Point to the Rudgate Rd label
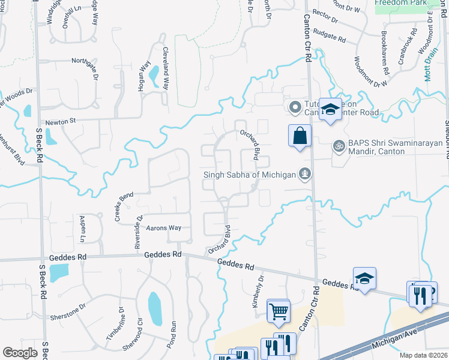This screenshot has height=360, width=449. [330, 37]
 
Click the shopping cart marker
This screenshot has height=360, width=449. [278, 311]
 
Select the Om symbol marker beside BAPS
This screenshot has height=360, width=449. [338, 146]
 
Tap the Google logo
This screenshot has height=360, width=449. [20, 353]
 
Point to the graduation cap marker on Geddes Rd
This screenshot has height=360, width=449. [364, 278]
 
